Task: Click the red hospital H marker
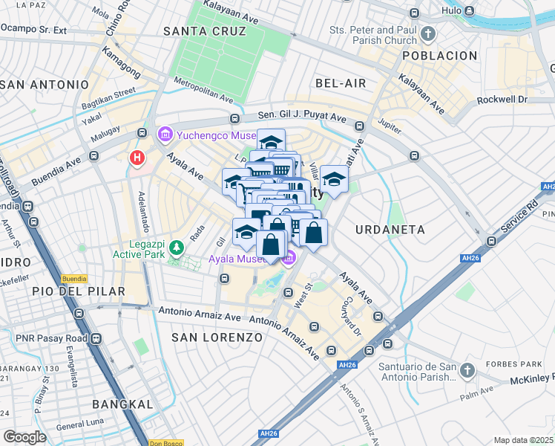coord(137,158)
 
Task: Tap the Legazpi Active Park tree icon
coord(177,245)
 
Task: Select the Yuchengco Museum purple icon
coord(165,135)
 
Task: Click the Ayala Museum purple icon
coord(289,258)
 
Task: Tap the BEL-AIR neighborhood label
coord(341,83)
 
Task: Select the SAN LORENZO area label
coord(217,337)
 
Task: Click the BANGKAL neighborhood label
coord(122,404)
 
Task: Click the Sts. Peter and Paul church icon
coord(427,33)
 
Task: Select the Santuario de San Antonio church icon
coord(467,369)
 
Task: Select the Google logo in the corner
coord(24,436)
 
